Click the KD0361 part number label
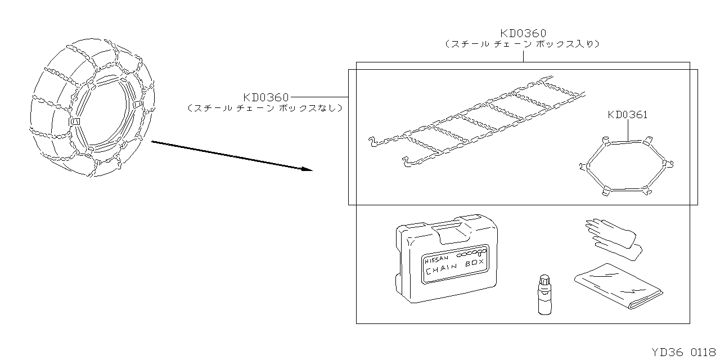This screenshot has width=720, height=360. [627, 115]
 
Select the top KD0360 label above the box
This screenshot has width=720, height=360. [523, 33]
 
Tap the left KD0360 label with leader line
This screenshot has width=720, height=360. [266, 97]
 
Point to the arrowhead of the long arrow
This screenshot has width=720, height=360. [307, 169]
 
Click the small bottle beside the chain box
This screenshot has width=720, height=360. [543, 295]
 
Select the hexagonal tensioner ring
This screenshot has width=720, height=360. [625, 166]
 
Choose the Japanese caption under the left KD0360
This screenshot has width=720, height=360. [265, 108]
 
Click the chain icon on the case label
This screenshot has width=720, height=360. [471, 254]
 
